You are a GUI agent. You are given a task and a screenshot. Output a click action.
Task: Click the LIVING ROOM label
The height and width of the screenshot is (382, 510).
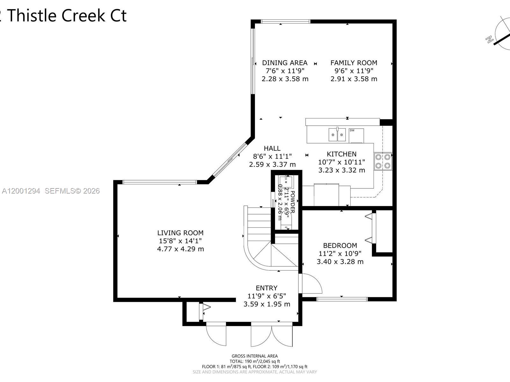(x=180, y=233)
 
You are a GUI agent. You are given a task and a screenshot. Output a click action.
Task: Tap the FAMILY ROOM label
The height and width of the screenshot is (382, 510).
(x=353, y=63)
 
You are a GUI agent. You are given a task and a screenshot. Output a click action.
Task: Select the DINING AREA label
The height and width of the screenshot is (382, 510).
(x=285, y=63)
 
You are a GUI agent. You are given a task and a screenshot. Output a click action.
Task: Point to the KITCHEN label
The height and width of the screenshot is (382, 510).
(x=341, y=154)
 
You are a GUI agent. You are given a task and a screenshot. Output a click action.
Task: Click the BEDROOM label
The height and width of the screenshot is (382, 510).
(x=340, y=245)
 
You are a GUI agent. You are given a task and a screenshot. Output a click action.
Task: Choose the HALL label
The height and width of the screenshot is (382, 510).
(x=272, y=148)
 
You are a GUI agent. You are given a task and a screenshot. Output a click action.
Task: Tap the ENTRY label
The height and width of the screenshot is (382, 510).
(x=266, y=288)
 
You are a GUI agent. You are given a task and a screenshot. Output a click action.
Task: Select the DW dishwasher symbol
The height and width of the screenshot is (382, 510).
(x=356, y=135)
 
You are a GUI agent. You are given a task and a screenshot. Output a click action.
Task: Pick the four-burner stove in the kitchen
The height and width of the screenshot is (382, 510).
(x=383, y=161)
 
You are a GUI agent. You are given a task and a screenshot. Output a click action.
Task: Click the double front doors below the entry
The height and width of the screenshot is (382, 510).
(x=271, y=335)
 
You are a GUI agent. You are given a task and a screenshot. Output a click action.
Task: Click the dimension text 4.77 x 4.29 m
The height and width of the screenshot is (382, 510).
(x=180, y=249)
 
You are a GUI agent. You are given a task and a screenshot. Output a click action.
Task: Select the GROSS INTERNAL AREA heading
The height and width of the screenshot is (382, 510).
(x=254, y=356)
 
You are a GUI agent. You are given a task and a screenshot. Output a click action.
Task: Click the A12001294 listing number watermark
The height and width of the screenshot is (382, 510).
(x=21, y=191)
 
